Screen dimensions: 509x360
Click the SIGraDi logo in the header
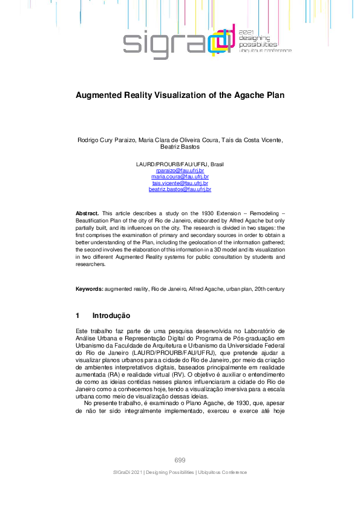click(x=175, y=41)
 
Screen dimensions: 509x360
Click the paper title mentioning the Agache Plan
click(x=180, y=96)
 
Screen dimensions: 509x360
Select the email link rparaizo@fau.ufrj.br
click(x=180, y=171)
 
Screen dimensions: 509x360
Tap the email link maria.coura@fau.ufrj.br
click(x=180, y=177)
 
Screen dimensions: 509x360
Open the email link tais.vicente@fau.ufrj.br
click(x=180, y=183)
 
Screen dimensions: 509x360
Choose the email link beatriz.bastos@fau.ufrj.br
click(x=180, y=189)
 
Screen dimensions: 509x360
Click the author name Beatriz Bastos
click(x=180, y=146)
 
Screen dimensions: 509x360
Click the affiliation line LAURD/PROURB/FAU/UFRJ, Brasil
click(x=180, y=164)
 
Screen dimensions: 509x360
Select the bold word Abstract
click(x=87, y=214)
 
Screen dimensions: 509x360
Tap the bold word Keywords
click(x=89, y=290)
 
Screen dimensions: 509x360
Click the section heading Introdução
click(x=111, y=316)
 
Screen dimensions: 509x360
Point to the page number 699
click(x=180, y=460)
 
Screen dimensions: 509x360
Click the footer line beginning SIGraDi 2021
click(x=180, y=472)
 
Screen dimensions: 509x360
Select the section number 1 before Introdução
click(x=77, y=316)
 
